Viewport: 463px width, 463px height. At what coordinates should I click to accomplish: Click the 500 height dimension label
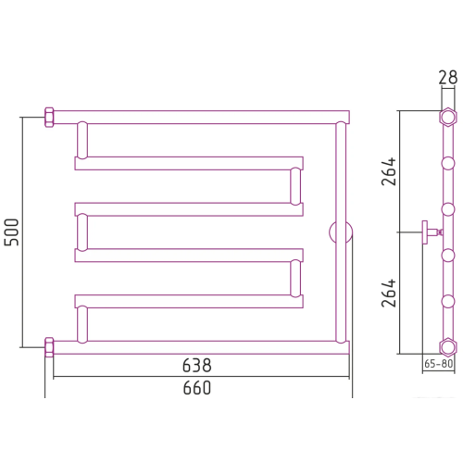tap(12, 232)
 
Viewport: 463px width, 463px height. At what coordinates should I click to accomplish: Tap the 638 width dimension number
tap(197, 366)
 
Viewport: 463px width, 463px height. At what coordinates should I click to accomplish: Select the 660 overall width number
tap(197, 388)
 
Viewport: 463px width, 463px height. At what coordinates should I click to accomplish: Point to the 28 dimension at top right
tap(448, 78)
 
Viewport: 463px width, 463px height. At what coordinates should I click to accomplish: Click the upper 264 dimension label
tap(389, 171)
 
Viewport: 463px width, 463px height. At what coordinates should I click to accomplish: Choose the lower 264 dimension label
tap(389, 293)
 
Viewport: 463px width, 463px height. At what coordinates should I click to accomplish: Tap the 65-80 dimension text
tap(438, 364)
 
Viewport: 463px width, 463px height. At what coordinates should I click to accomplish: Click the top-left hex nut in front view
tap(49, 118)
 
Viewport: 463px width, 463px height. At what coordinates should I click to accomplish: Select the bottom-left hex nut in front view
tap(49, 347)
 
